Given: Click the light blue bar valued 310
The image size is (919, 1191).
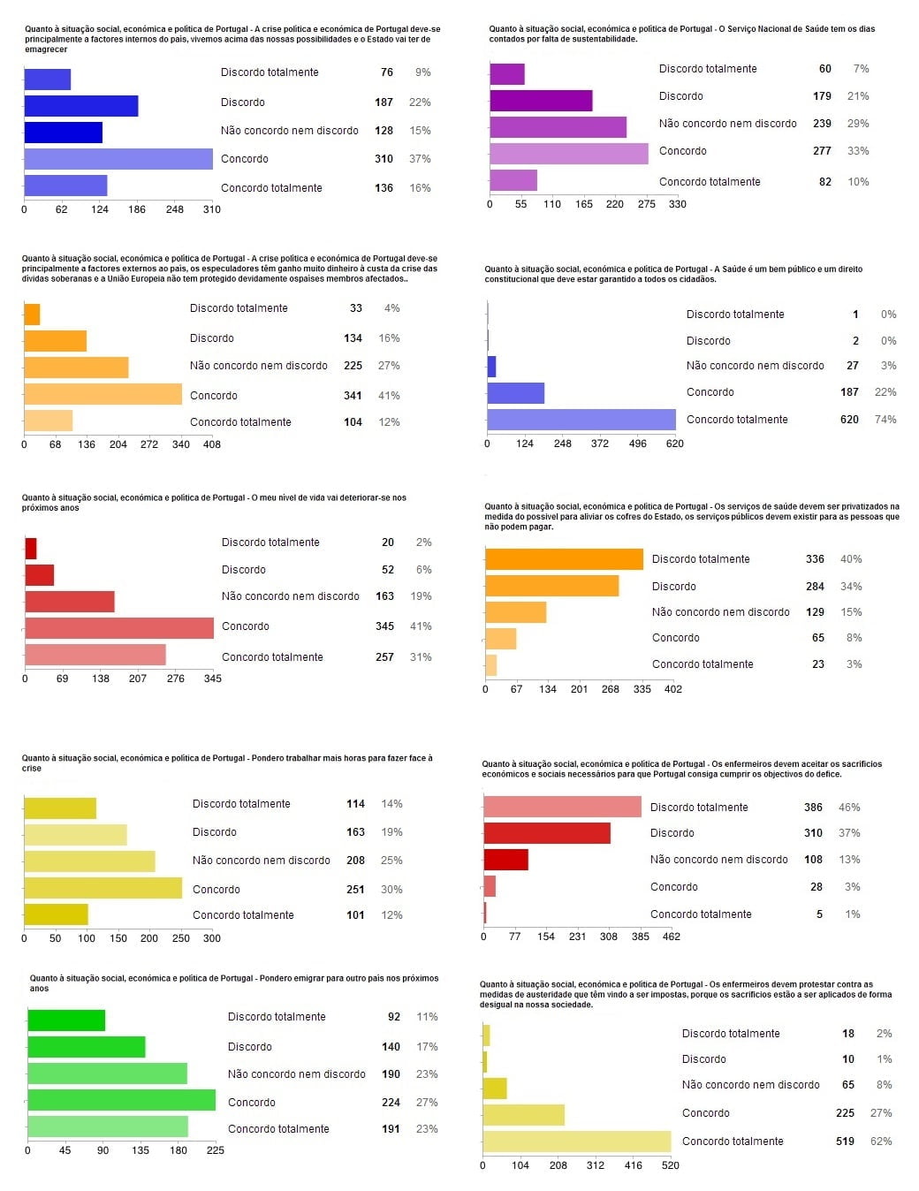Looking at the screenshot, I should click(x=118, y=159).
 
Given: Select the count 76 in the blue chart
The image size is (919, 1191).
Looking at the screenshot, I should click(x=387, y=72).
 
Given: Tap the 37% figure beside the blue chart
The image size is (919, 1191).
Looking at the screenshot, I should click(x=420, y=159).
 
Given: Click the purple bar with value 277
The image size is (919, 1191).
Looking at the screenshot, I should click(x=568, y=154).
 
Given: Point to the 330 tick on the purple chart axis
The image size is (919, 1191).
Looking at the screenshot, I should click(x=677, y=204).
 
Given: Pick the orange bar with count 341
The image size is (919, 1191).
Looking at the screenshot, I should click(x=103, y=394).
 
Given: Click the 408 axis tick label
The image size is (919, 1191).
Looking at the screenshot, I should click(x=212, y=444).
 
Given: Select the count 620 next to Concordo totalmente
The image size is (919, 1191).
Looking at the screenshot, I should click(x=849, y=420).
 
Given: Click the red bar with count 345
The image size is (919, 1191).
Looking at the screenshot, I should click(x=119, y=627).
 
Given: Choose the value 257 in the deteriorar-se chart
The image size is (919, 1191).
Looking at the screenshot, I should click(x=384, y=657).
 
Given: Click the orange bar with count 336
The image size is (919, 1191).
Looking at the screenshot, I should click(x=564, y=559).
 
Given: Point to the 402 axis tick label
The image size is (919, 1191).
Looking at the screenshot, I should click(x=672, y=689).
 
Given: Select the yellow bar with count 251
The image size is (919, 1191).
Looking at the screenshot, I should click(x=103, y=888).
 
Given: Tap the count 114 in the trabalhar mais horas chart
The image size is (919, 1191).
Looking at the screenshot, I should click(x=355, y=804).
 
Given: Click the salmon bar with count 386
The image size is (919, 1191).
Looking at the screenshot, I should click(x=562, y=807).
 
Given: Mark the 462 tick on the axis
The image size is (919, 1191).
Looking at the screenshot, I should click(x=672, y=937).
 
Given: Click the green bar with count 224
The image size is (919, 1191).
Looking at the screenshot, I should click(x=121, y=1100).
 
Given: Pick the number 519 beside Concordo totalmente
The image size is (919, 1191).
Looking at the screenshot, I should click(x=845, y=1142).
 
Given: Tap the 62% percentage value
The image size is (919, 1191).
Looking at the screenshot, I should click(x=881, y=1142).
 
